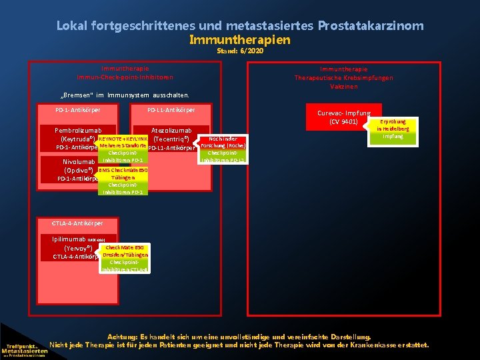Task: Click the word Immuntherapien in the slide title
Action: click(x=239, y=39)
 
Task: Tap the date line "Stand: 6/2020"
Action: click(x=239, y=51)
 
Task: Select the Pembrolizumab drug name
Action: click(x=75, y=130)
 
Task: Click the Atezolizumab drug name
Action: click(x=171, y=130)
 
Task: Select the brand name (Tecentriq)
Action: click(x=173, y=139)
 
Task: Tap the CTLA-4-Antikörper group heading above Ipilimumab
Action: click(x=78, y=222)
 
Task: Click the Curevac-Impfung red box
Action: click(x=343, y=117)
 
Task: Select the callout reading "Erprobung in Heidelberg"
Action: click(x=393, y=129)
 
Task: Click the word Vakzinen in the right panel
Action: click(x=343, y=86)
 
